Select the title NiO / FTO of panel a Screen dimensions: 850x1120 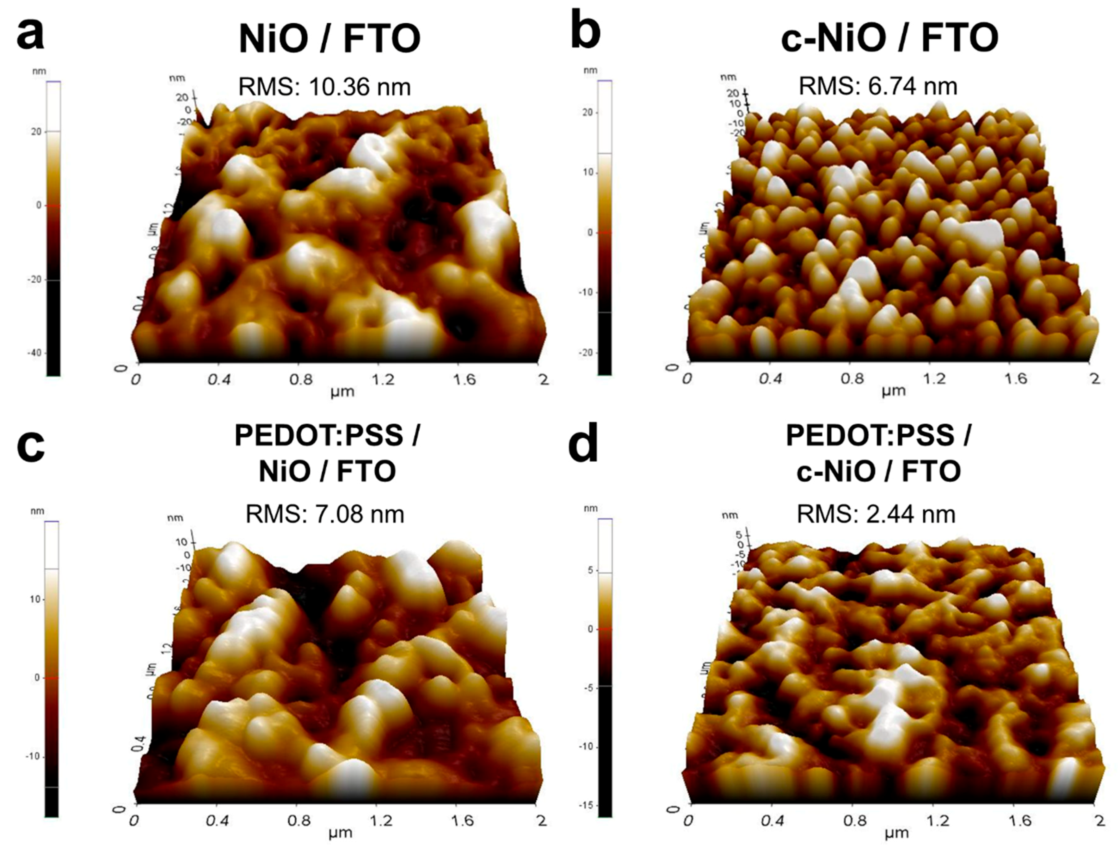point(330,40)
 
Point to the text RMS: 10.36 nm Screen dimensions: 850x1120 point(325,87)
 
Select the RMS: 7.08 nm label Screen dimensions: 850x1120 point(325,515)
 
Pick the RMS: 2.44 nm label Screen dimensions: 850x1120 point(876,514)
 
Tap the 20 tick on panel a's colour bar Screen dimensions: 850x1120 point(36,132)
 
